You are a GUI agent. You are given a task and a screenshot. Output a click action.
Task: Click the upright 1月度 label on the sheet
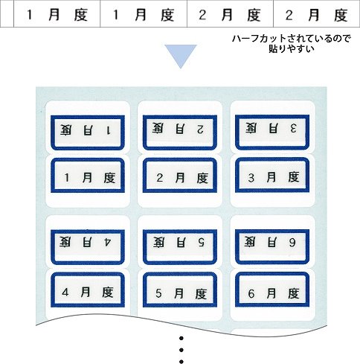click(x=88, y=176)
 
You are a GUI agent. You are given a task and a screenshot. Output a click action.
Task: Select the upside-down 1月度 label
click(x=88, y=132)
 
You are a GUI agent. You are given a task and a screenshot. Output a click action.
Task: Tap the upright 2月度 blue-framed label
click(x=180, y=175)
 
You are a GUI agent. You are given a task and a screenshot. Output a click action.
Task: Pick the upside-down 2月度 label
click(x=180, y=132)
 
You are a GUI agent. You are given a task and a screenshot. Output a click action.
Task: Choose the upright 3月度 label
click(x=272, y=175)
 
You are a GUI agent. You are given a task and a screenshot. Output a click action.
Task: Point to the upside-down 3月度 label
click(x=272, y=132)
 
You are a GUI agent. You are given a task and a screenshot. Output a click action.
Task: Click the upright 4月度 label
click(x=88, y=290)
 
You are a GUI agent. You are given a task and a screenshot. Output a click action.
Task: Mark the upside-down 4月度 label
click(x=88, y=247)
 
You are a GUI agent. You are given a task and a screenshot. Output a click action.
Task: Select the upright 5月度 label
click(x=180, y=290)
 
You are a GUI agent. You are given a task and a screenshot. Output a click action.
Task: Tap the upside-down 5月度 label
click(x=180, y=246)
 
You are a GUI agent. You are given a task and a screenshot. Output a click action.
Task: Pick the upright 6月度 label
click(x=272, y=290)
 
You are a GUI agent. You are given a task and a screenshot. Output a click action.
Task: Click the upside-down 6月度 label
click(x=272, y=246)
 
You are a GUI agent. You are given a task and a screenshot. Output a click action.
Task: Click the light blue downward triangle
click(x=181, y=54)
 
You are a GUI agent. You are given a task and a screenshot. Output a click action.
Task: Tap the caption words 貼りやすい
click(x=292, y=48)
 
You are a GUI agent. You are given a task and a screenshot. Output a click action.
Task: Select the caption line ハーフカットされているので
click(x=292, y=39)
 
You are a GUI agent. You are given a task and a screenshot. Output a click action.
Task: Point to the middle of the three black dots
click(x=181, y=350)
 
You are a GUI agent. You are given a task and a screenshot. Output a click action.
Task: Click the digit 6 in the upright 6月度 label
click(x=251, y=294)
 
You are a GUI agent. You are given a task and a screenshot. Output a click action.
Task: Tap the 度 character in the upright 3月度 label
click(x=294, y=177)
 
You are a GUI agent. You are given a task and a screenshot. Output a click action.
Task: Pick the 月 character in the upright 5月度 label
click(x=179, y=293)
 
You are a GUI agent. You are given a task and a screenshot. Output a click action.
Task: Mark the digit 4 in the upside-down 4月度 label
click(x=108, y=242)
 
